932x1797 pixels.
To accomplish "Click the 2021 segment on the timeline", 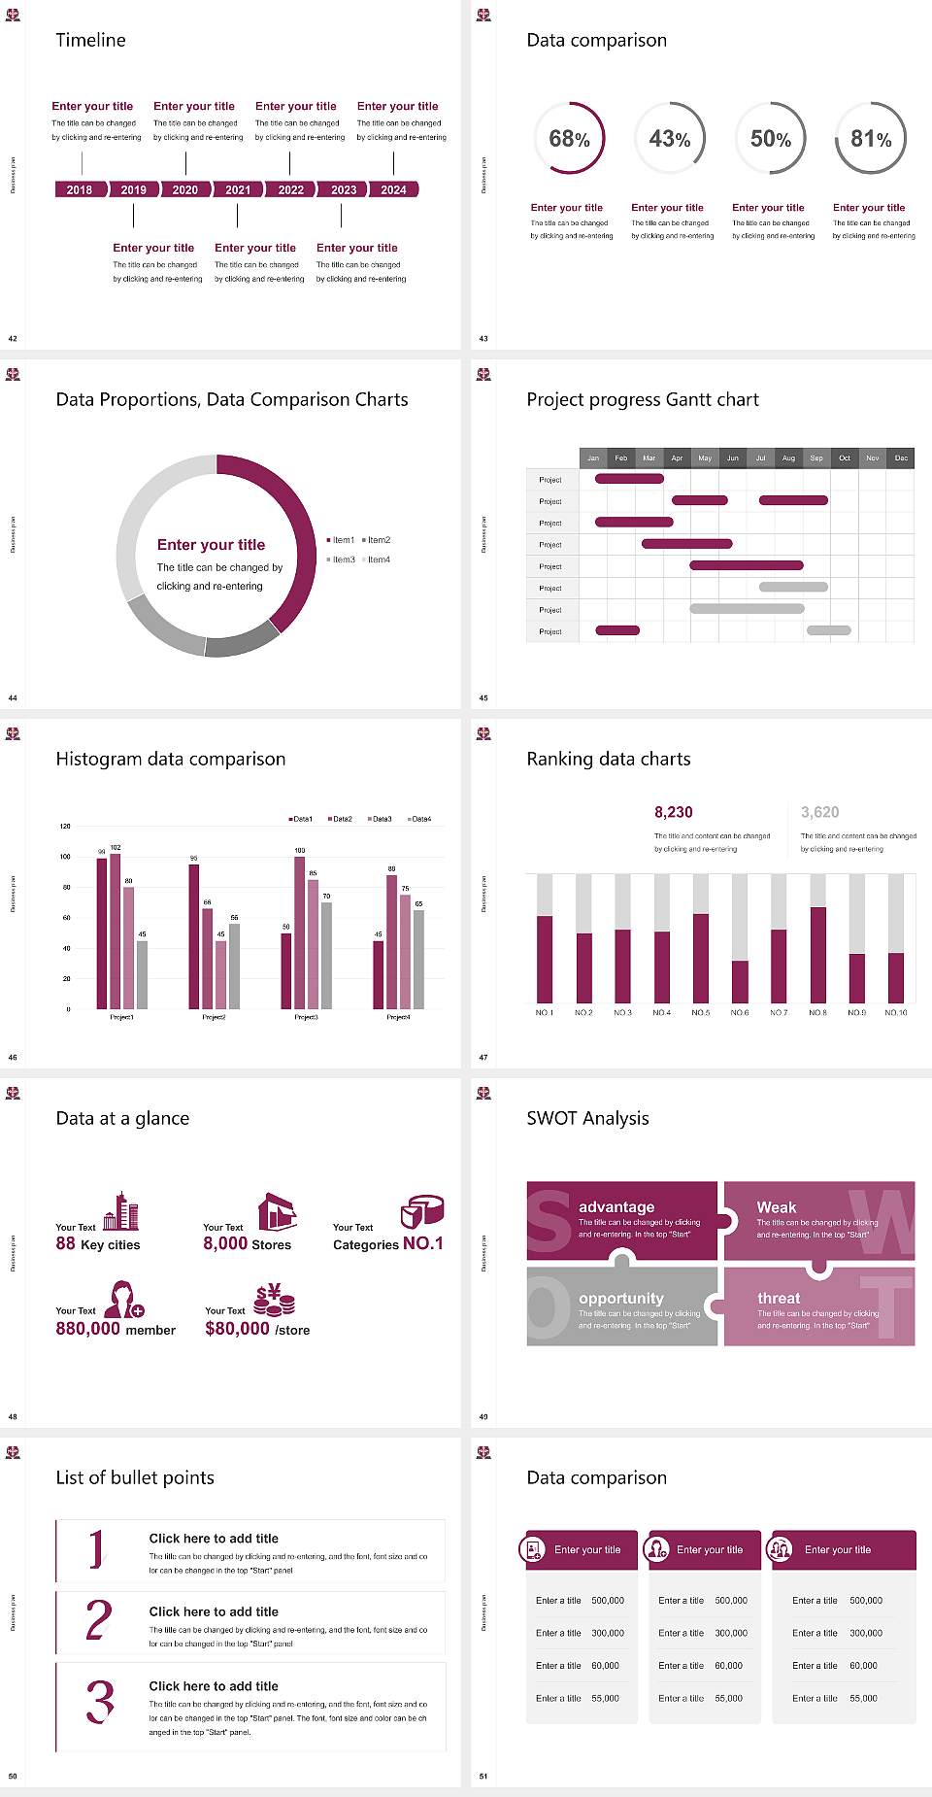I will pos(238,189).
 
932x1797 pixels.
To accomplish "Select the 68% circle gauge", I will pos(569,139).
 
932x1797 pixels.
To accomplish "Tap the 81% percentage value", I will pos(871,139).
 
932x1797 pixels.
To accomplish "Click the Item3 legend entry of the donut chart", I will pos(341,559).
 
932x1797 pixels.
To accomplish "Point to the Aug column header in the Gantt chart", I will pos(788,458).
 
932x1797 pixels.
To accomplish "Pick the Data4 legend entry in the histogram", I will pos(419,819).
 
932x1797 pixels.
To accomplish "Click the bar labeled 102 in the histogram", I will pos(116,928).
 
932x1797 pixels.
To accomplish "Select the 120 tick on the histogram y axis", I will pos(65,826).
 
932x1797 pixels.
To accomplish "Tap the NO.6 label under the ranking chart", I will pos(740,1012).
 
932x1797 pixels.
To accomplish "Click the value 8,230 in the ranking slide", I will pos(674,812).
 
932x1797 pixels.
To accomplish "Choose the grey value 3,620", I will pos(820,812).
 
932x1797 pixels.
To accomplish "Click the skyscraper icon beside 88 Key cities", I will pos(121,1211).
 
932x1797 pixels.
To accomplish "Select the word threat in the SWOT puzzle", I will pos(779,1298).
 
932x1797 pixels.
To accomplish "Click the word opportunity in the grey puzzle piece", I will pos(621,1298).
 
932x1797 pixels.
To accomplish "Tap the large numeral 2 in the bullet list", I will pos(98,1620).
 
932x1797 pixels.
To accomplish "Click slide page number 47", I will pos(483,1057).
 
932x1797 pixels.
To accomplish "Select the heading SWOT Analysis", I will pos(587,1118).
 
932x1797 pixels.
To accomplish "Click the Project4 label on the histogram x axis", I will pos(398,1017).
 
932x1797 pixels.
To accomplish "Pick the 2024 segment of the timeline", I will pos(393,189).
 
